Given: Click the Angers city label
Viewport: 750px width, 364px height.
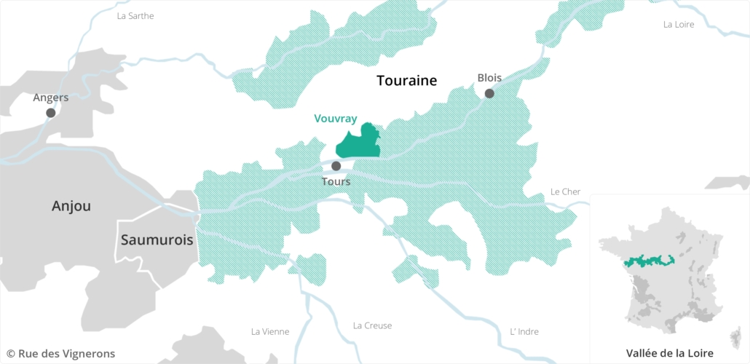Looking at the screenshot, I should (x=50, y=98).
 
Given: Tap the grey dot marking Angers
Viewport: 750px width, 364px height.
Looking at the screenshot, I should (x=50, y=113).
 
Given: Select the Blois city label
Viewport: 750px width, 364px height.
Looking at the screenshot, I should (x=489, y=78).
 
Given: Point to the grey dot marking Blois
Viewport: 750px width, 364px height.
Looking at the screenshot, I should (x=489, y=93).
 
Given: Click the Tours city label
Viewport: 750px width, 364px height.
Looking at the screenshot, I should (x=336, y=181).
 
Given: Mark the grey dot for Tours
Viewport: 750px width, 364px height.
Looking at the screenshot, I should (x=336, y=166).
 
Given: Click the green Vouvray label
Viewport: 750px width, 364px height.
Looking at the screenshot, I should (x=336, y=118).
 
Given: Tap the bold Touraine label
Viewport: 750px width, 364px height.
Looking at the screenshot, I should (x=406, y=81).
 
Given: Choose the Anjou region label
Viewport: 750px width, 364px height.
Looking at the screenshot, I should (x=71, y=206).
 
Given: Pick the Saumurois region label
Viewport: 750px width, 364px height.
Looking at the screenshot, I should (x=157, y=240).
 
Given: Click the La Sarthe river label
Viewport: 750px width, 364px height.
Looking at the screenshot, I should (x=135, y=16).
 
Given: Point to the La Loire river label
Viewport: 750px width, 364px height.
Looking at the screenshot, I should (x=679, y=25).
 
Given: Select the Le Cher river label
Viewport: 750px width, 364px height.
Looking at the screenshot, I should (x=565, y=192).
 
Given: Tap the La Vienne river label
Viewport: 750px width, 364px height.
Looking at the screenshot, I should (x=269, y=332).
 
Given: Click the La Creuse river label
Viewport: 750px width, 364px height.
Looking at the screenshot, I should (x=372, y=326).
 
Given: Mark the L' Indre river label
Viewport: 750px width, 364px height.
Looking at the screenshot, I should (x=524, y=332).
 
